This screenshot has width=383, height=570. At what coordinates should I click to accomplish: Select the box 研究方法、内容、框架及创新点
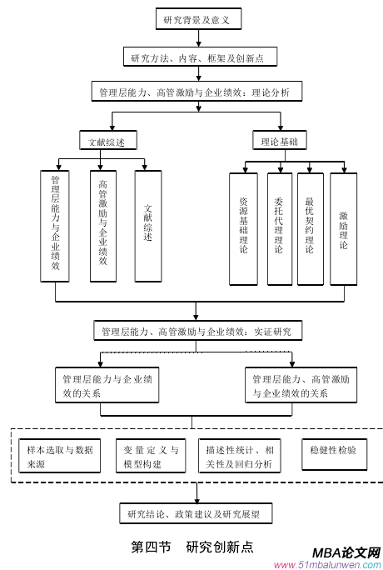point(197,57)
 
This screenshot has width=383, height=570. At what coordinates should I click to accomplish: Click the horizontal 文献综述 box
point(107,142)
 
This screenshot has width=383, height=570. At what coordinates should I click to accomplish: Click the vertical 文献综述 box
point(148,225)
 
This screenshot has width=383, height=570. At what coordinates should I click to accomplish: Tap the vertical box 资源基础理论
point(243,227)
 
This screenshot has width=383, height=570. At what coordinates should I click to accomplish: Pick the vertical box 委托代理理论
point(279,227)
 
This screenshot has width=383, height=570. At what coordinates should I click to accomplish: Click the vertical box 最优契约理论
point(310,227)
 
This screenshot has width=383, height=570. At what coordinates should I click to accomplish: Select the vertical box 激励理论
point(343,227)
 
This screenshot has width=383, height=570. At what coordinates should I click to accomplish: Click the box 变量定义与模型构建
point(150,456)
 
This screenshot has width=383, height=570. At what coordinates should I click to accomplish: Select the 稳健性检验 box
point(332,451)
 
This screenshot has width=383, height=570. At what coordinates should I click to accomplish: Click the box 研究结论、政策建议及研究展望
point(196,513)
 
